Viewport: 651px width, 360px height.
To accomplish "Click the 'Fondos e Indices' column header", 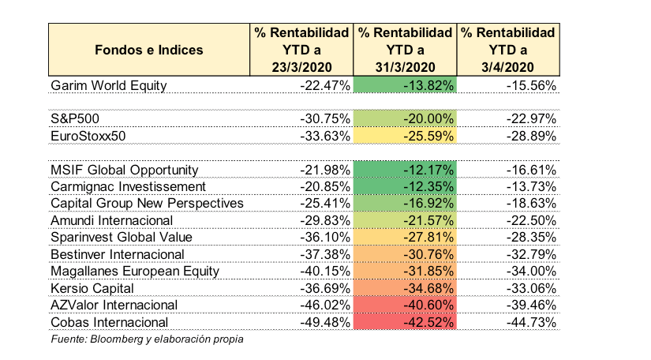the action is tap(149, 50).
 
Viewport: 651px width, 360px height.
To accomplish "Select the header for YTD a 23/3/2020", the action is tap(301, 50).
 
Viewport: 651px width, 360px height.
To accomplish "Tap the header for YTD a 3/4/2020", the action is tap(507, 50).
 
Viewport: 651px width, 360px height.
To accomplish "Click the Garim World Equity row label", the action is tap(109, 85).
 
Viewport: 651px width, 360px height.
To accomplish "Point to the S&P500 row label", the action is tap(75, 118).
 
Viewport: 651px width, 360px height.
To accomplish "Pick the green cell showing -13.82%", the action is tap(405, 84).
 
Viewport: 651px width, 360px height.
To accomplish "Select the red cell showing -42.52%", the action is tap(405, 322).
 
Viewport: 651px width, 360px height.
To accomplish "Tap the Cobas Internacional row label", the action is tap(109, 322).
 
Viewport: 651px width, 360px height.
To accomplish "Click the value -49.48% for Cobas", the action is tap(325, 322).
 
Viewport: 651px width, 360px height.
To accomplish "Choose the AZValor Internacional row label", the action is tap(114, 306).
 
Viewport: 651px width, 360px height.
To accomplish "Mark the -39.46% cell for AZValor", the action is tap(531, 306).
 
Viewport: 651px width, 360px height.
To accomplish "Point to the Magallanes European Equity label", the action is tap(135, 272).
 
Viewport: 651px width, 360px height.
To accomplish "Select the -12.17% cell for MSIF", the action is tap(405, 170).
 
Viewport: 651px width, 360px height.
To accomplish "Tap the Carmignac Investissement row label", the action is tap(128, 186).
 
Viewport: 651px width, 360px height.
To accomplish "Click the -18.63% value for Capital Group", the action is tap(531, 204).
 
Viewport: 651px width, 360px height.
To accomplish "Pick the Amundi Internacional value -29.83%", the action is tap(325, 220).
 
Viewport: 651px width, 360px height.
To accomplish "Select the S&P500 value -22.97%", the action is tap(531, 118).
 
